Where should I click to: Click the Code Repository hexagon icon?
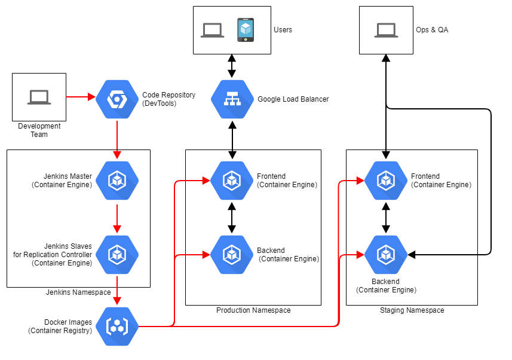pos(117,99)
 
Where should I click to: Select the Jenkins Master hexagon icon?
pos(117,181)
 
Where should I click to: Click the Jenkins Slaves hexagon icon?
pos(117,255)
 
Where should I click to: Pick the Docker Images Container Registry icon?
pos(117,326)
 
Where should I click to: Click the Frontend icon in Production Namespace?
pos(232,181)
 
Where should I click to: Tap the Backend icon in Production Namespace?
pos(232,255)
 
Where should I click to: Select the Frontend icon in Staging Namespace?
pos(386,181)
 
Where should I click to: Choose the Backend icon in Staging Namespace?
pos(386,255)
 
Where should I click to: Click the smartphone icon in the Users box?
pos(246,30)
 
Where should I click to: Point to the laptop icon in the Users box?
pos(212,30)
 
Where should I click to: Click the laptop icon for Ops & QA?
pos(386,30)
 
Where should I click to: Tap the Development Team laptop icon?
pos(39,97)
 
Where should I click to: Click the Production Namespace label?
pos(253,310)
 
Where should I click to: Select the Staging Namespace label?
pos(412,310)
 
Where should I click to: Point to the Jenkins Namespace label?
pos(78,292)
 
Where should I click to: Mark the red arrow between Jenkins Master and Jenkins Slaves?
pos(117,218)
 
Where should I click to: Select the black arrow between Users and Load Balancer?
pos(232,66)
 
